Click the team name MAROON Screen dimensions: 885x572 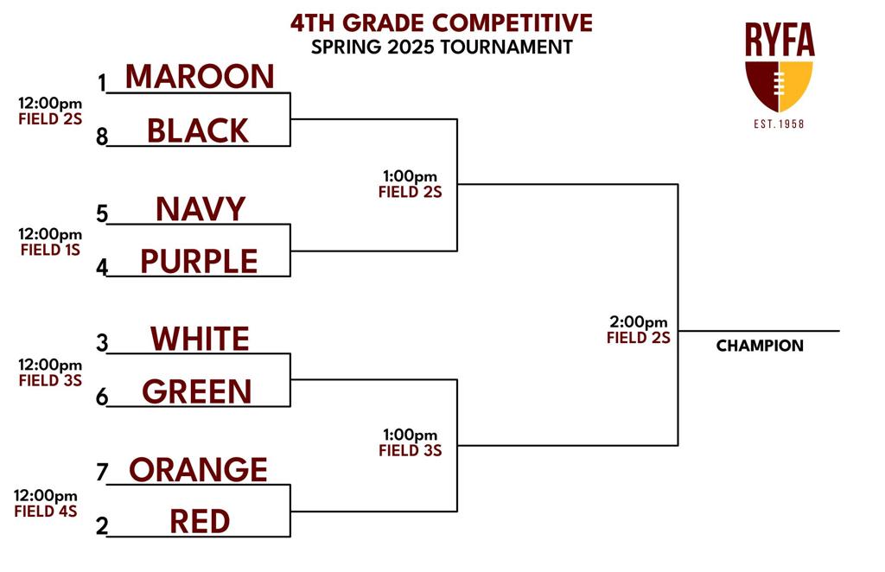[200, 76]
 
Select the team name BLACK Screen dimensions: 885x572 [198, 130]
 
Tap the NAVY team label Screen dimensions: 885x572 [201, 209]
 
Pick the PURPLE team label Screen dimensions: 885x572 [199, 261]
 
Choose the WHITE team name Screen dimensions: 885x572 [200, 339]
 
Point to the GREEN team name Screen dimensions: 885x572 [196, 391]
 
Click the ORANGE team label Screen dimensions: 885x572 [198, 469]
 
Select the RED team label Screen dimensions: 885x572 [200, 521]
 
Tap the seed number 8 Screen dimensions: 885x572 [102, 137]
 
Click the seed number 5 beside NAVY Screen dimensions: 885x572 [102, 214]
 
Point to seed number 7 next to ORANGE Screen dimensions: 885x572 [102, 472]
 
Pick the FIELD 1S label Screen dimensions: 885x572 [50, 250]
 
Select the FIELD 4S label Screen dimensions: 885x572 [46, 512]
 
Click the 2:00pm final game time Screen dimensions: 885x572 [639, 322]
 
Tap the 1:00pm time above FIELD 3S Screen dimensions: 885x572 [411, 435]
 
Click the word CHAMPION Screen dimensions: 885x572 [760, 346]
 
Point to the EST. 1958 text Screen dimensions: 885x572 [779, 124]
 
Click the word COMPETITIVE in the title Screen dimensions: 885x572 [513, 23]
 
